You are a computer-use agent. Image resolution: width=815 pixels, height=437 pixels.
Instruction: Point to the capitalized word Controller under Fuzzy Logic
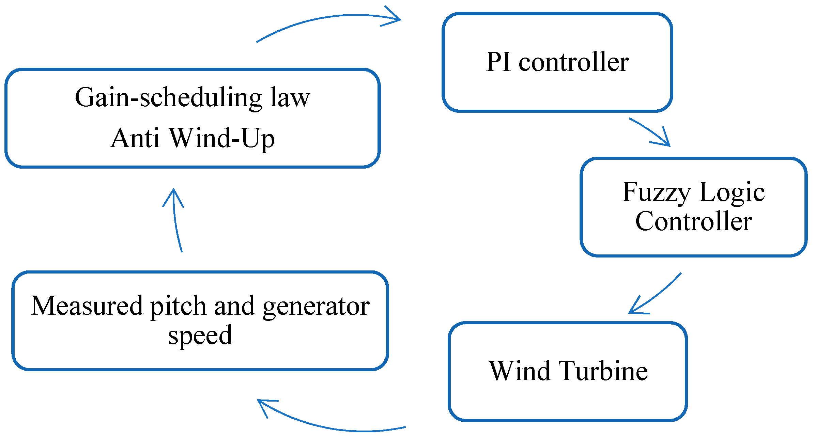(x=694, y=221)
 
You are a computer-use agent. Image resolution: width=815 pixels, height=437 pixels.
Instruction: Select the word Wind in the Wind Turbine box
(x=520, y=371)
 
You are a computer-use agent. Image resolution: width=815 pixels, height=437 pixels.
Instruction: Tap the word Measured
(x=87, y=306)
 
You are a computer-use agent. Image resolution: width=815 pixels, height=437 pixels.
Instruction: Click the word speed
(x=200, y=336)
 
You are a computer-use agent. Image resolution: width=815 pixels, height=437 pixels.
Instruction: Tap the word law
(x=290, y=98)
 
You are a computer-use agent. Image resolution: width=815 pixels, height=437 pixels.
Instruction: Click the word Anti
(x=135, y=138)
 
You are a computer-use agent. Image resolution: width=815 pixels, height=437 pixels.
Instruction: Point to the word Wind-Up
(x=222, y=138)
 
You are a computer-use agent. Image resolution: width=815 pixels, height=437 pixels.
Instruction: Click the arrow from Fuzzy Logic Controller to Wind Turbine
(x=656, y=295)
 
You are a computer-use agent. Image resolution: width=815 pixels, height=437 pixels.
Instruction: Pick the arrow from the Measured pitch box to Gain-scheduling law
(x=176, y=221)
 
